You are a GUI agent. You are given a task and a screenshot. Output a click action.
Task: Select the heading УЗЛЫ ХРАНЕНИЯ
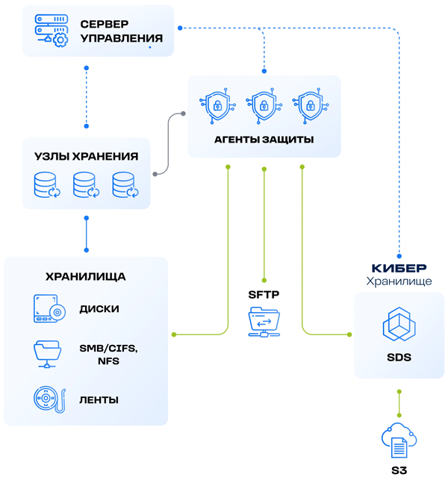[87, 156]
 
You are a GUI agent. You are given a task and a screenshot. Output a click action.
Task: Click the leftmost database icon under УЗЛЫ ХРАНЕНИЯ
[46, 185]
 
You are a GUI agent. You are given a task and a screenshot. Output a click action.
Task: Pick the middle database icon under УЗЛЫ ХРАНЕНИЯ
[86, 185]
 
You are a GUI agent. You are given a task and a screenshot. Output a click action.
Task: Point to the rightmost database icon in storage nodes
[125, 185]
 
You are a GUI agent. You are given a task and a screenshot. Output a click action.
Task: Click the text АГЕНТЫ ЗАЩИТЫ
[263, 140]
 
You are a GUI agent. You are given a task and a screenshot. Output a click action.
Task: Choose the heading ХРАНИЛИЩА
[85, 276]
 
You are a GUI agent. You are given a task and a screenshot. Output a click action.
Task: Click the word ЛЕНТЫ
[99, 399]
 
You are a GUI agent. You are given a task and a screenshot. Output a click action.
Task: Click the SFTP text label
[263, 295]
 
